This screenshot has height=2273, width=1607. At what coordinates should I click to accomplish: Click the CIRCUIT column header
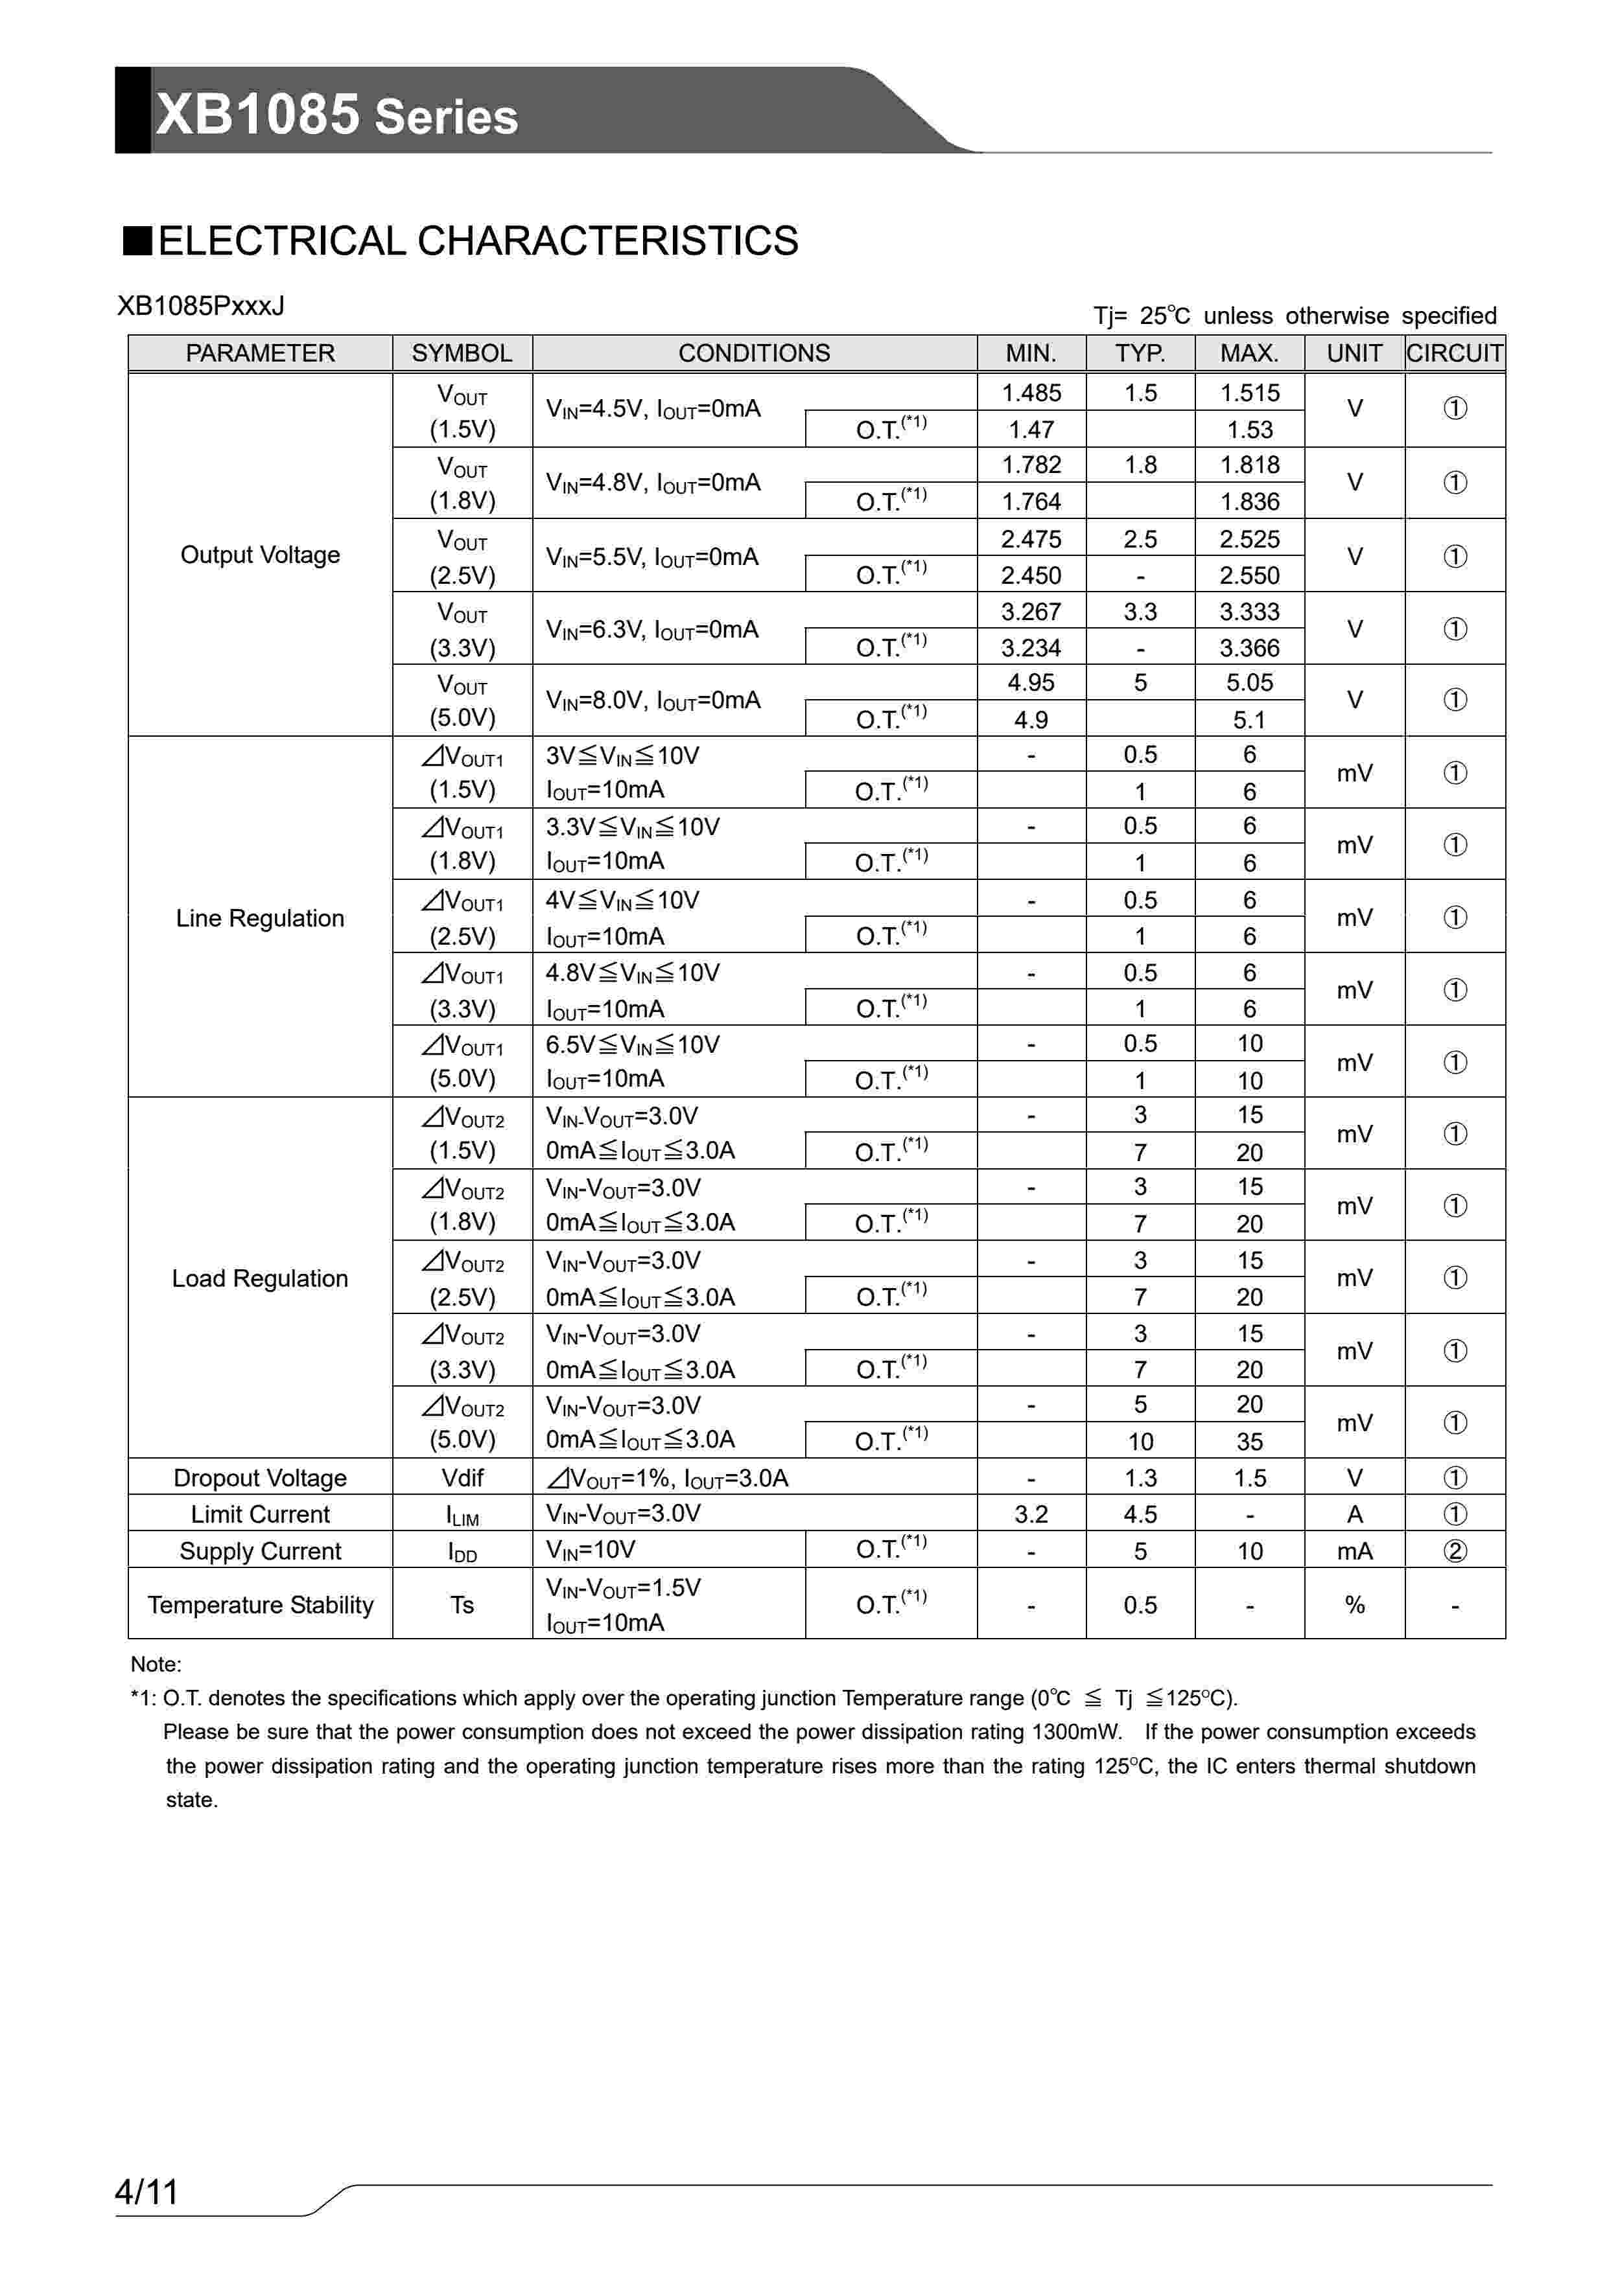pos(1453,353)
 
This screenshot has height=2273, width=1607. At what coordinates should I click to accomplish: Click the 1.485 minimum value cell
pos(1031,393)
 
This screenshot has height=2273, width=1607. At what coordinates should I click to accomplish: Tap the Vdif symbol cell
pos(462,1478)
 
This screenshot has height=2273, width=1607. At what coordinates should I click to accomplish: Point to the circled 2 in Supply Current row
pos(1453,1551)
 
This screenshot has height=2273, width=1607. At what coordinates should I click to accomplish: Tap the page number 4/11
pos(147,2192)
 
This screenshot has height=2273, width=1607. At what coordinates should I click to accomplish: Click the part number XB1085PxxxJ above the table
pos(201,306)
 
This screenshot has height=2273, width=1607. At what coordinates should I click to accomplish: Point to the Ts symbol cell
pos(462,1605)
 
